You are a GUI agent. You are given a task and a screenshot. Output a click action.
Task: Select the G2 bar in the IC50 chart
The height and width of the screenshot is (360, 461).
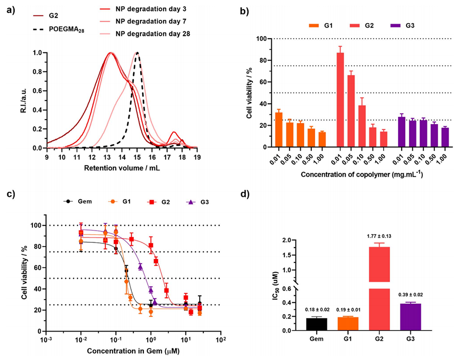pyautogui.click(x=376, y=290)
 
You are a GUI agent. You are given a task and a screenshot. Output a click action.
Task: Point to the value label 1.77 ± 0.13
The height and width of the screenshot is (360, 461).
pyautogui.click(x=376, y=236)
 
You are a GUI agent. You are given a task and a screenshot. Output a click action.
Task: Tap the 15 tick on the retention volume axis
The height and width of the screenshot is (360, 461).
pyautogui.click(x=137, y=156)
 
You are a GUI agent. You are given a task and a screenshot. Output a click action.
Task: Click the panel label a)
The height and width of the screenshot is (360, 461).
pyautogui.click(x=8, y=9)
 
